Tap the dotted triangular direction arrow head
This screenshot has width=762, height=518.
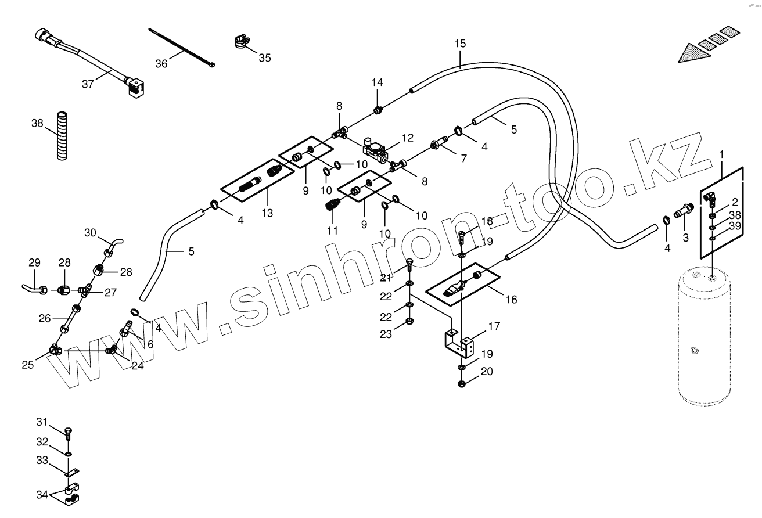click(693, 53)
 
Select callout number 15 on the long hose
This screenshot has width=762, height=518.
click(460, 44)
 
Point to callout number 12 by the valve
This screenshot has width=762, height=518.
click(407, 138)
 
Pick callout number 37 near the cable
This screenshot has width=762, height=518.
click(88, 84)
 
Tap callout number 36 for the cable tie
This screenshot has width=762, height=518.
click(161, 63)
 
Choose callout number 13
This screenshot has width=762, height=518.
click(267, 213)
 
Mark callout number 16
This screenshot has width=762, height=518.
click(511, 300)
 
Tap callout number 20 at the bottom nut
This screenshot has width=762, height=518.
click(487, 372)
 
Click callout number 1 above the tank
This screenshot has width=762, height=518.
click(721, 154)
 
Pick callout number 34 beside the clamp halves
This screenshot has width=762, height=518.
click(42, 495)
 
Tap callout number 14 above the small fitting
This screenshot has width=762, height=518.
click(378, 82)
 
